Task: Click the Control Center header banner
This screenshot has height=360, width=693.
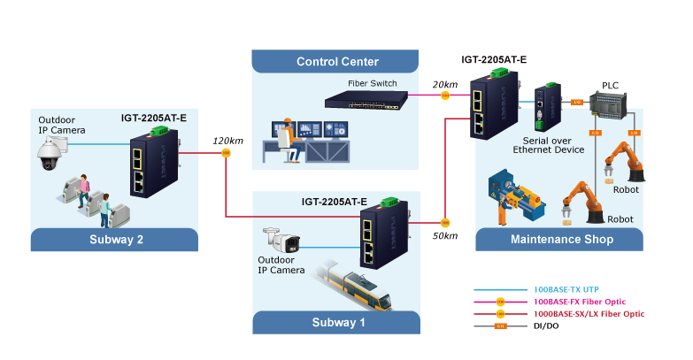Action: pos(336,62)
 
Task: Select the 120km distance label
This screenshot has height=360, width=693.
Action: pos(227,141)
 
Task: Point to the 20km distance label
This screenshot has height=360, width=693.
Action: pos(445,84)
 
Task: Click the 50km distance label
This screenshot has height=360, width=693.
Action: pos(445,235)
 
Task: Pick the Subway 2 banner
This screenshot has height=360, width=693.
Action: pos(114,239)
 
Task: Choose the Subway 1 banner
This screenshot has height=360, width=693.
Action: pos(336,322)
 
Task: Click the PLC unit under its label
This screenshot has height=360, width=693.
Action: pos(612,105)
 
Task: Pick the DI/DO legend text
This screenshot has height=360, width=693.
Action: pos(547,326)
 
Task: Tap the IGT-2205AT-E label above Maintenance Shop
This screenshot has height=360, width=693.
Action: pos(494,60)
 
